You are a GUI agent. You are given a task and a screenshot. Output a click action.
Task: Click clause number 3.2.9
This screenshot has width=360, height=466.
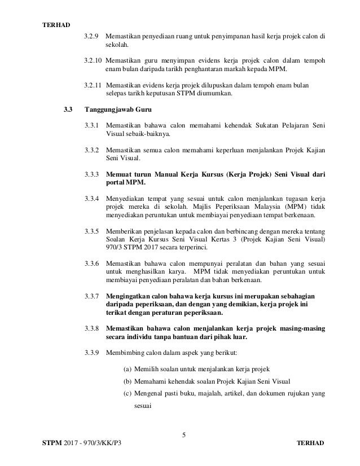tap(91, 37)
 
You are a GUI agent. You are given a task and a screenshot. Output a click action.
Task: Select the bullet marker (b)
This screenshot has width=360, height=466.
tap(128, 381)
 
